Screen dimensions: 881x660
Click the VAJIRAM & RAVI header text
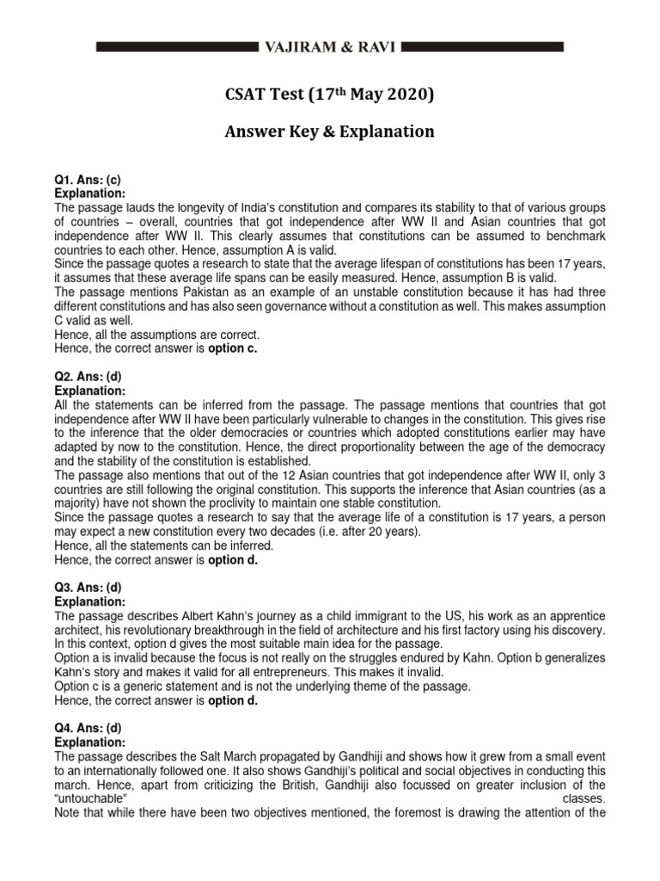tap(330, 47)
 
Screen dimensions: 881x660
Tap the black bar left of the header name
tap(177, 47)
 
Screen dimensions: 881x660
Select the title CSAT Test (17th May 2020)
tap(330, 94)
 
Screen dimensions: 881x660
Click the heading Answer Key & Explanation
tap(330, 132)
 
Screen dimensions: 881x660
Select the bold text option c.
tap(232, 348)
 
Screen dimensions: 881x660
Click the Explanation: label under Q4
tap(90, 741)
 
